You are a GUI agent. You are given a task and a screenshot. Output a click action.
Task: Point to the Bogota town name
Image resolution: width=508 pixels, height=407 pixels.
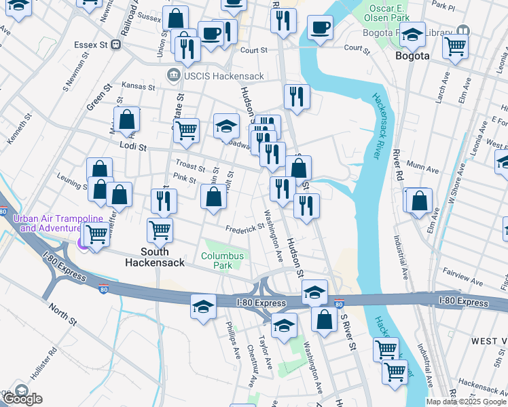[x=412, y=56]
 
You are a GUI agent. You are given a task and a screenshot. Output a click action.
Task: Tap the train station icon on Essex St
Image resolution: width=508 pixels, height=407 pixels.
[x=116, y=45]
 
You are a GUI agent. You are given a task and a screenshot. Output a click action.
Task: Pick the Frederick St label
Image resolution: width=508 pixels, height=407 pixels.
[x=244, y=229]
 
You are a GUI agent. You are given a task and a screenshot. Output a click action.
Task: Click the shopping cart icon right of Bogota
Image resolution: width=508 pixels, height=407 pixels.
[x=455, y=46]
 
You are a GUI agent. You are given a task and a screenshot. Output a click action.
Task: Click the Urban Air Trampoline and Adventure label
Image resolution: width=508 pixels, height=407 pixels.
[x=57, y=223]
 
